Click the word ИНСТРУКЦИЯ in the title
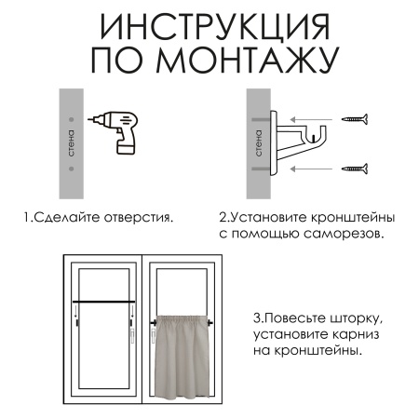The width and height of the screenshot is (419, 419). click(209, 24)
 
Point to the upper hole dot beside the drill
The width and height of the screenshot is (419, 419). click(72, 119)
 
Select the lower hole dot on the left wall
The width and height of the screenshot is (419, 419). click(72, 169)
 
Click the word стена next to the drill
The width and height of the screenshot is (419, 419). click(73, 144)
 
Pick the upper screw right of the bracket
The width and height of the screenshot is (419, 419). click(354, 119)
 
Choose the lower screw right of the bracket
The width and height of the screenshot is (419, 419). click(354, 169)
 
